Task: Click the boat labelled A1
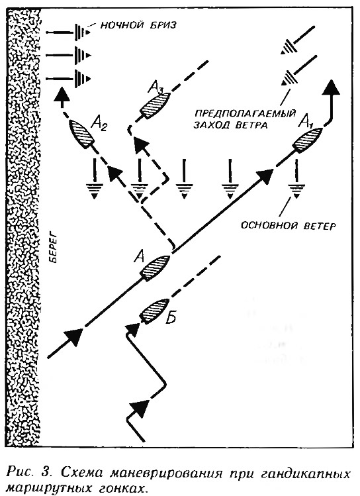[307, 141]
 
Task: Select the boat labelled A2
[81, 134]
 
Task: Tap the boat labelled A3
[155, 105]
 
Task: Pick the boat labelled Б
[155, 311]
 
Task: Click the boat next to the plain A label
[156, 268]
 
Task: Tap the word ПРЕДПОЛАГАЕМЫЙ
[245, 113]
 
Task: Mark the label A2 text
[99, 123]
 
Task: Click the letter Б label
[170, 318]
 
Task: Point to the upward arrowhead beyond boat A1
[331, 87]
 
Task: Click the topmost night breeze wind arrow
[69, 32]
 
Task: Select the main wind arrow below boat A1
[296, 178]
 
